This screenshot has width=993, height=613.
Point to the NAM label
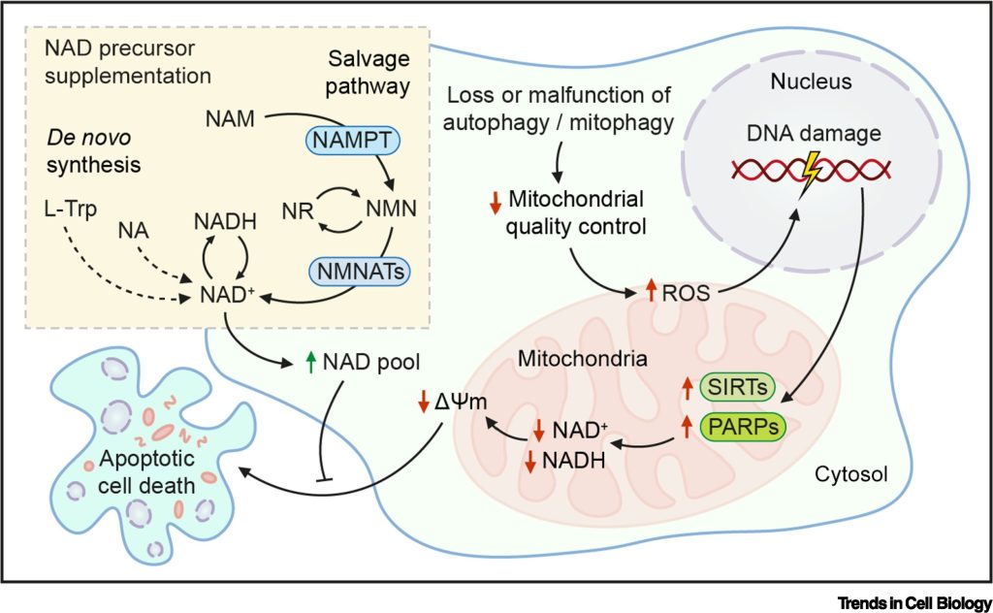(x=230, y=121)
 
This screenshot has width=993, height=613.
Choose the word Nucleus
(x=813, y=81)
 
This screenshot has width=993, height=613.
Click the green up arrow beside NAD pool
(x=311, y=365)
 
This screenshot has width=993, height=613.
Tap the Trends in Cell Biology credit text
(x=915, y=599)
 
